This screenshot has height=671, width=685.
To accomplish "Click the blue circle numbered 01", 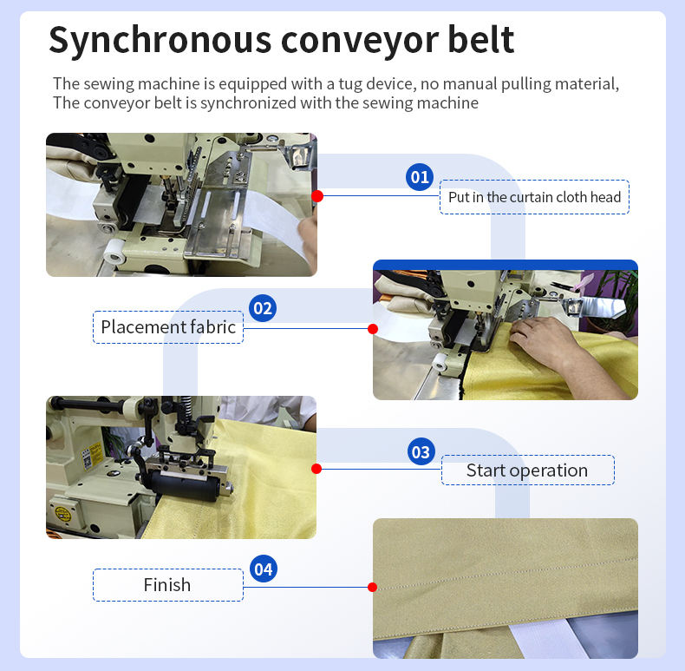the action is [x=420, y=177].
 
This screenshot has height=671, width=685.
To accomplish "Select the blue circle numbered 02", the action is [x=263, y=308].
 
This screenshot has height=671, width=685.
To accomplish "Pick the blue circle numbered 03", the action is [x=421, y=451].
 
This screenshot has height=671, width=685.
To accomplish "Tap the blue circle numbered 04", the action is [x=264, y=569].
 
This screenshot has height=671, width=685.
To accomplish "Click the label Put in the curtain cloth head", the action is [x=534, y=197].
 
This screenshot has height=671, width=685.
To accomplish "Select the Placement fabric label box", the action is [x=168, y=327].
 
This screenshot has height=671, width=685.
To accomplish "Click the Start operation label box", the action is [x=527, y=470].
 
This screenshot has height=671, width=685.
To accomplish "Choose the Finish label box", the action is [x=167, y=585].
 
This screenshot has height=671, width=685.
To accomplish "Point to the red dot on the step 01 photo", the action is [x=317, y=196].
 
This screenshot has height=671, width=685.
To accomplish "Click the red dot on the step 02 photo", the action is [x=373, y=329].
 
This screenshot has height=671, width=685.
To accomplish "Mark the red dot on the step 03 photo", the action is [x=316, y=469].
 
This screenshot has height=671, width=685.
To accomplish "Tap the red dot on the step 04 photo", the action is [x=373, y=587].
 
